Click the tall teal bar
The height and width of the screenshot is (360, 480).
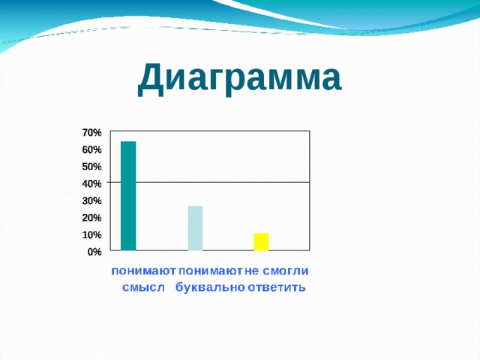click(x=128, y=195)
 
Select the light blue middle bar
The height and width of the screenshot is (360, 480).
click(x=195, y=227)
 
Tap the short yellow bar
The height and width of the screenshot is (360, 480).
click(x=261, y=241)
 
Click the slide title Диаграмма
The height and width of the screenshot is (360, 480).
click(x=239, y=79)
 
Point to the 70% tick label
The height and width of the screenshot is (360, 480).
click(x=92, y=132)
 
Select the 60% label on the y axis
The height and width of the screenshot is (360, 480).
click(x=92, y=149)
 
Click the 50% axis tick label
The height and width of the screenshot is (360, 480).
click(x=92, y=166)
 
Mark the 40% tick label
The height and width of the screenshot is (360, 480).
click(x=92, y=184)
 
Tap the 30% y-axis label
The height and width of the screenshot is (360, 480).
click(x=92, y=201)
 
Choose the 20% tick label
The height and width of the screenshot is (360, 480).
click(x=92, y=218)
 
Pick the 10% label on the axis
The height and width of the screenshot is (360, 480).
click(x=92, y=235)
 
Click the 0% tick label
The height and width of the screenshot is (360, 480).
click(x=94, y=253)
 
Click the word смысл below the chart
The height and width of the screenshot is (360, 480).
click(x=142, y=288)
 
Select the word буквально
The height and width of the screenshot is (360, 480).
click(x=209, y=288)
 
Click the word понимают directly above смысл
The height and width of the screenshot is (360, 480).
click(x=144, y=270)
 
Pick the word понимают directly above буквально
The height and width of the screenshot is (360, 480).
click(x=211, y=270)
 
